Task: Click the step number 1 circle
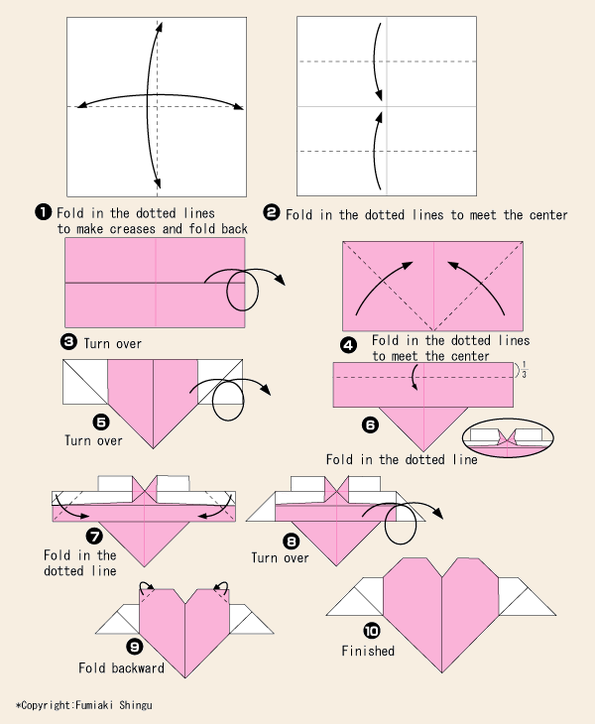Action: (43, 211)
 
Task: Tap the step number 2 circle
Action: (271, 212)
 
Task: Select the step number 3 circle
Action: (68, 342)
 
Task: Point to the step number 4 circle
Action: (348, 345)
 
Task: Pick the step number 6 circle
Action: (370, 424)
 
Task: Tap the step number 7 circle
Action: (95, 536)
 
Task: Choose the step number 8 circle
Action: (291, 542)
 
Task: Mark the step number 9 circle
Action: (135, 647)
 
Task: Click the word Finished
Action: (368, 652)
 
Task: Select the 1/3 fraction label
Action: (524, 369)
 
